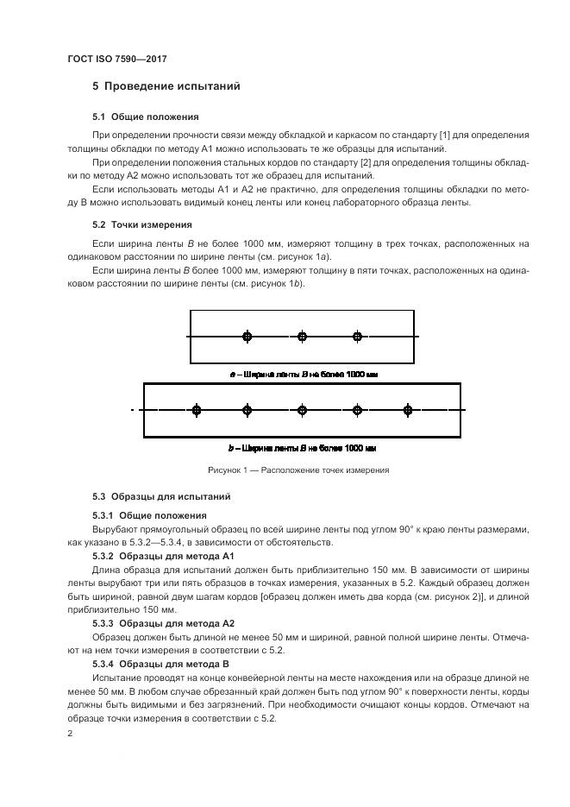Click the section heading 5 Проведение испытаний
[166, 87]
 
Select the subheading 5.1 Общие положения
[145, 117]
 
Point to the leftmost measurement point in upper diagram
[247, 337]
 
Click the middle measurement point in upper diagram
[302, 337]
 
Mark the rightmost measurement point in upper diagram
[357, 337]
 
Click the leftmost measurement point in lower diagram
[197, 411]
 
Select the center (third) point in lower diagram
[302, 411]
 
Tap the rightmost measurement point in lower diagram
[408, 411]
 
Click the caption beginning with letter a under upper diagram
[303, 375]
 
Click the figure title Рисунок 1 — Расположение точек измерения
[298, 470]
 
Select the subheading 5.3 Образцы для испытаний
[160, 497]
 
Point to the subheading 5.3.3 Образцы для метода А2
[163, 622]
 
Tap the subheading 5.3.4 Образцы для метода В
[160, 664]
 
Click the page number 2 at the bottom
[70, 733]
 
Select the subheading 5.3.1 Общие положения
[145, 515]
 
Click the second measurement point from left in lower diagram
[247, 411]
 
